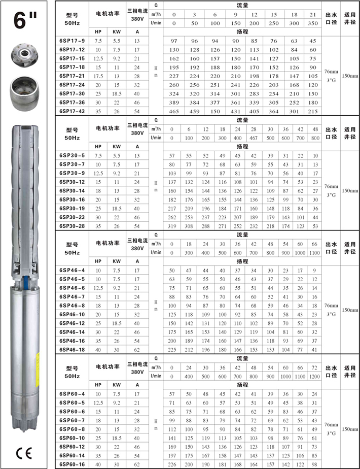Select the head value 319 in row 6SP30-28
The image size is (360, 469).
pos(172,226)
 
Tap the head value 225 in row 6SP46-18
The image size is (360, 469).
pos(172,349)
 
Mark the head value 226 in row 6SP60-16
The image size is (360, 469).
pos(172,464)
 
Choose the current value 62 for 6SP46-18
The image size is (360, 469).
pos(137,349)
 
